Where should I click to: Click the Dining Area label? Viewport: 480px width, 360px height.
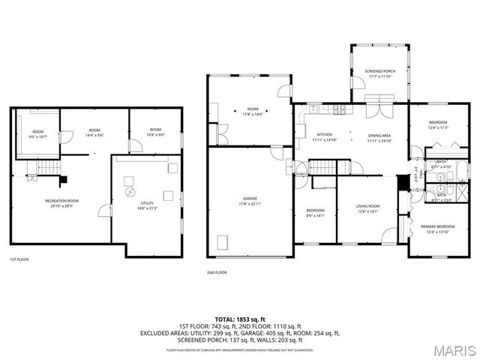(x=379, y=136)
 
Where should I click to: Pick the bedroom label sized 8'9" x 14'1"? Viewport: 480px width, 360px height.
(x=315, y=212)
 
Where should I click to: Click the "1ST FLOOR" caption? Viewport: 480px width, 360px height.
(x=19, y=259)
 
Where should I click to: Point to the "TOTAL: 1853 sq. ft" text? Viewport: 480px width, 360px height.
(x=240, y=318)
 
